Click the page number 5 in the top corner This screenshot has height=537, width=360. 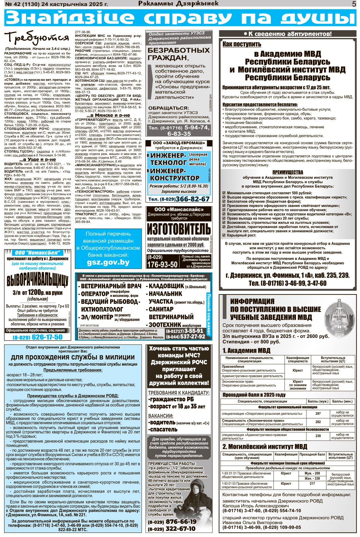pyautogui.click(x=354, y=4)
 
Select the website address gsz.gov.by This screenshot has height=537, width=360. pyautogui.click(x=108, y=262)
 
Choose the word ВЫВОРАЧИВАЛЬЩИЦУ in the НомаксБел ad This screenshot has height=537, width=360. pyautogui.click(x=37, y=281)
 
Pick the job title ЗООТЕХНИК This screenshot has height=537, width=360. pyautogui.click(x=165, y=325)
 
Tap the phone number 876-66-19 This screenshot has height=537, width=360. pyautogui.click(x=181, y=522)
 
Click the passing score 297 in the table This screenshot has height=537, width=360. pyautogui.click(x=318, y=414)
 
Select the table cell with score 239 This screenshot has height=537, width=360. pyautogui.click(x=318, y=436)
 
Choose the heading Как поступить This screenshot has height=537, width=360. pyautogui.click(x=242, y=44)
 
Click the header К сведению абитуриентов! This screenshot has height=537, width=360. pyautogui.click(x=287, y=34)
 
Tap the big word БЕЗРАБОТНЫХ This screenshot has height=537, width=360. pyautogui.click(x=179, y=50)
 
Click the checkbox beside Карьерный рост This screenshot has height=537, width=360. pyautogui.click(x=224, y=235)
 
